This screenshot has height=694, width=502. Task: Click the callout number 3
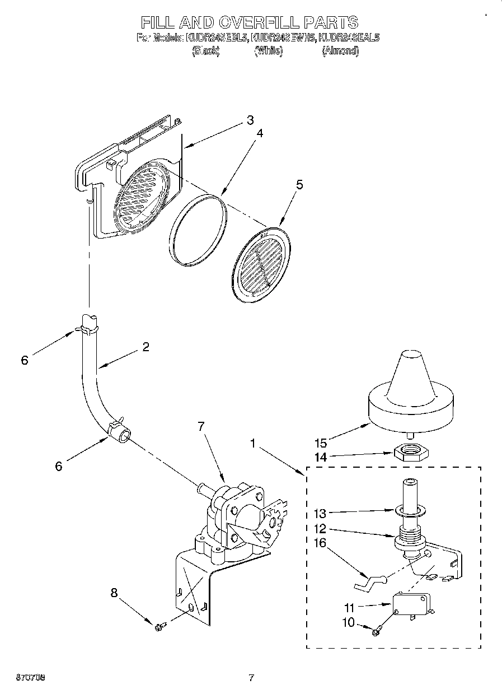[250, 120]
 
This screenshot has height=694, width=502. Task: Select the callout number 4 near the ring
[260, 134]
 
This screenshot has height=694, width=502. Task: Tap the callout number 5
[299, 185]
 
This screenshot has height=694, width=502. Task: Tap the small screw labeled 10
[376, 631]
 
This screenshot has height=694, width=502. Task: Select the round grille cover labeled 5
[261, 260]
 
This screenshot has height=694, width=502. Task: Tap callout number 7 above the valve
[201, 427]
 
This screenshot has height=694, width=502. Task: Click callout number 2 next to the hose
[146, 347]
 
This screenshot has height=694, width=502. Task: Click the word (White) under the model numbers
[268, 51]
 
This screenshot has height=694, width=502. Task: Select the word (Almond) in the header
[340, 51]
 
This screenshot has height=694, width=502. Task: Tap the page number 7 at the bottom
[251, 678]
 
